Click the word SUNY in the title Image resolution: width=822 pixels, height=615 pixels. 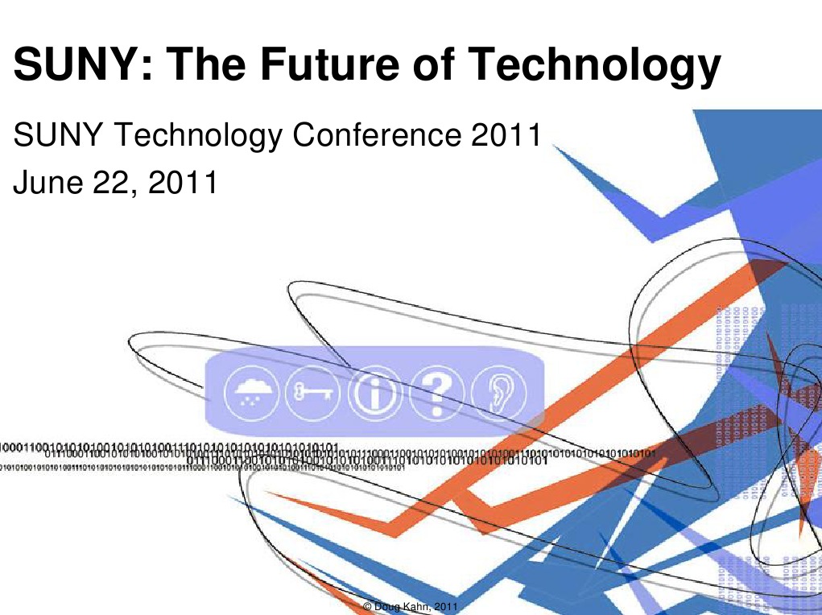[68, 65]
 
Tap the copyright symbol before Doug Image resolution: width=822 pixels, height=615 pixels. [367, 605]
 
